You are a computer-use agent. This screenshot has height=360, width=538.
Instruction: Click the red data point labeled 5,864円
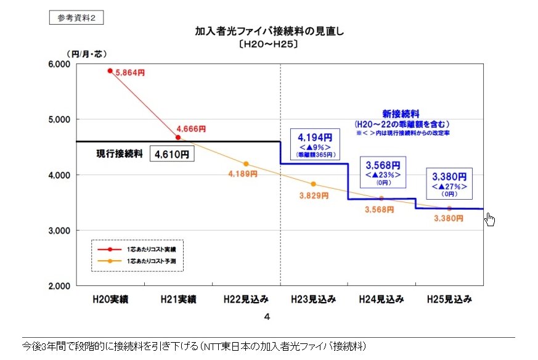[x=110, y=71]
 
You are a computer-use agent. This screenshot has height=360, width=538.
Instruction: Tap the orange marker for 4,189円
[x=246, y=164]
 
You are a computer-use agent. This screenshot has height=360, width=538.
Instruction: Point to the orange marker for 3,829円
[x=313, y=184]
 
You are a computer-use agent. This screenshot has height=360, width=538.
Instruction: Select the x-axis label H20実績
[x=110, y=300]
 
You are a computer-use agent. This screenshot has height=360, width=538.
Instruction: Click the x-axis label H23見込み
[x=313, y=300]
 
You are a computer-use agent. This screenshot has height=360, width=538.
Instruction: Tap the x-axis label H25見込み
[x=449, y=300]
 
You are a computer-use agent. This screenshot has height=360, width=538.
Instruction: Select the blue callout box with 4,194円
[x=315, y=145]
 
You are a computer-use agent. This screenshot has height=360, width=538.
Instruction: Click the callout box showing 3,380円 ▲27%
[x=449, y=182]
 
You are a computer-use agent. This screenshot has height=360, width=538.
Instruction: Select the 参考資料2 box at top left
[x=76, y=18]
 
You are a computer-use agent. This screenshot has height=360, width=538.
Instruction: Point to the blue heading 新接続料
[x=401, y=113]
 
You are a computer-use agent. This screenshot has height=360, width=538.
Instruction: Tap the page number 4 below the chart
[x=267, y=317]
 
